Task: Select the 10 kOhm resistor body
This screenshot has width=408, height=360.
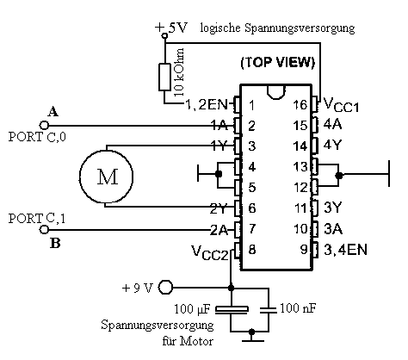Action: (165, 77)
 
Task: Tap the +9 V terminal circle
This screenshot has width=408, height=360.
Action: (165, 287)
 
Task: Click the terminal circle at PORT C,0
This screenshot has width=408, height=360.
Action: (44, 126)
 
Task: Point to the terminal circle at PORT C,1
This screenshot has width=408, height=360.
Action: (44, 230)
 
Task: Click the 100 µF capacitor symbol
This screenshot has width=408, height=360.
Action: (232, 309)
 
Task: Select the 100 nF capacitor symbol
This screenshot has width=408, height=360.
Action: (269, 310)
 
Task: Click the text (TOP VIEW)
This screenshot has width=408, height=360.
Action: (278, 62)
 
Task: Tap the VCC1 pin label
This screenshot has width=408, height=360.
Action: (341, 104)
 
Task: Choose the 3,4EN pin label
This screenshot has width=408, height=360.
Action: (345, 250)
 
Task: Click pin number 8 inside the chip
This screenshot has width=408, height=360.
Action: (252, 249)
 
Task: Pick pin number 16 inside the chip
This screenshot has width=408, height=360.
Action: (300, 105)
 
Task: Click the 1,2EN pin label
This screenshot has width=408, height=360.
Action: (207, 104)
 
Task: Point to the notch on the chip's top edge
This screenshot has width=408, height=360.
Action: (276, 92)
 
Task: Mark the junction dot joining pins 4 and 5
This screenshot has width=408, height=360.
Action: (219, 174)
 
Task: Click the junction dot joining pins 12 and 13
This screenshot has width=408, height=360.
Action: (339, 175)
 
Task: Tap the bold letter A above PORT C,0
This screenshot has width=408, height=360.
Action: (53, 111)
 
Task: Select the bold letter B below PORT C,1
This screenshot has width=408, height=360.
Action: (55, 243)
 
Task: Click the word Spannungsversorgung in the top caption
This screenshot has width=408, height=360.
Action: (300, 28)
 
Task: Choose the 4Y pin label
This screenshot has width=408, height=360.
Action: (333, 145)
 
